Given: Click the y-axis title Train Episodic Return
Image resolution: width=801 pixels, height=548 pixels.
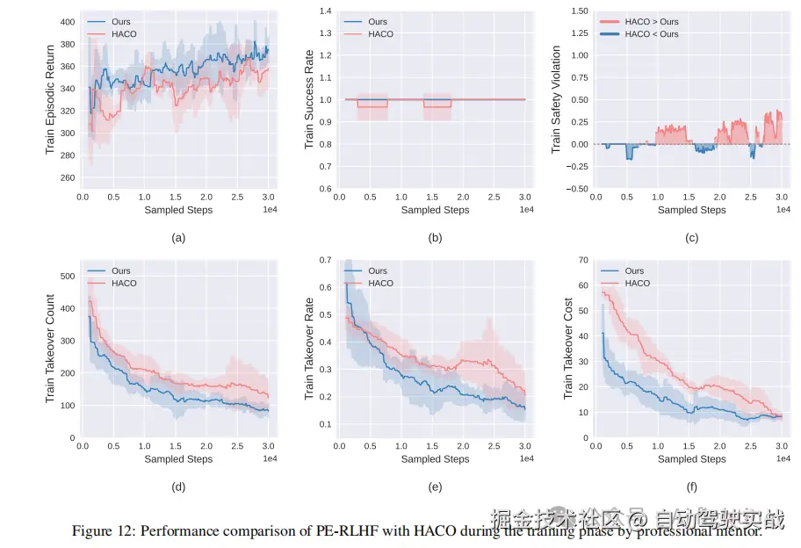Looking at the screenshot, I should tap(50, 100).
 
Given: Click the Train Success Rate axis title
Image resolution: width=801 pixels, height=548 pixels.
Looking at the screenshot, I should tap(308, 100).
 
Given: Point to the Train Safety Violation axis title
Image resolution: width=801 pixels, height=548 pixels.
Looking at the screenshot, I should tap(556, 100).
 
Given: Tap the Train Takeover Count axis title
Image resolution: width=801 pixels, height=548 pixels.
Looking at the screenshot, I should tap(50, 349).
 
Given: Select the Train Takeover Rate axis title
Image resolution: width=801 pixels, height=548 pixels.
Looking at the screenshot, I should tap(308, 349).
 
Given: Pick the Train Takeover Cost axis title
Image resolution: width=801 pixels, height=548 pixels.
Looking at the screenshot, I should tap(567, 349).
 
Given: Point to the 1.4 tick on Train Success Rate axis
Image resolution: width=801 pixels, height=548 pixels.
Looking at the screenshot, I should tap(325, 11).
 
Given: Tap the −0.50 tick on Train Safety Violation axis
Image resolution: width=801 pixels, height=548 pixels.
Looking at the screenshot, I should tap(578, 189).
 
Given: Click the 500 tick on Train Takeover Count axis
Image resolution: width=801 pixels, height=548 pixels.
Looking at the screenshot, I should tap(66, 276).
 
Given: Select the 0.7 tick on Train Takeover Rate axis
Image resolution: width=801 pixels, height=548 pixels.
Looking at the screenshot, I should tap(325, 260).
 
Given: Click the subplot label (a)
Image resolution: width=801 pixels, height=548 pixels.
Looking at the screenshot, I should tap(178, 237).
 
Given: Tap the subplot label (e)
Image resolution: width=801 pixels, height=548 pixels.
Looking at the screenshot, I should tap(435, 486).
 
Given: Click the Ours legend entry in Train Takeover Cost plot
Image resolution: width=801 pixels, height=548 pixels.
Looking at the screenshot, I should tap(634, 271).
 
